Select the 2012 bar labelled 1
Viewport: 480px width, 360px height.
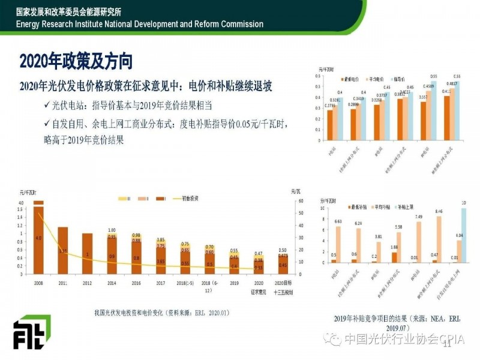click(x=87, y=254)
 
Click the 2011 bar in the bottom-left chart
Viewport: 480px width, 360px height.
click(x=63, y=250)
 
